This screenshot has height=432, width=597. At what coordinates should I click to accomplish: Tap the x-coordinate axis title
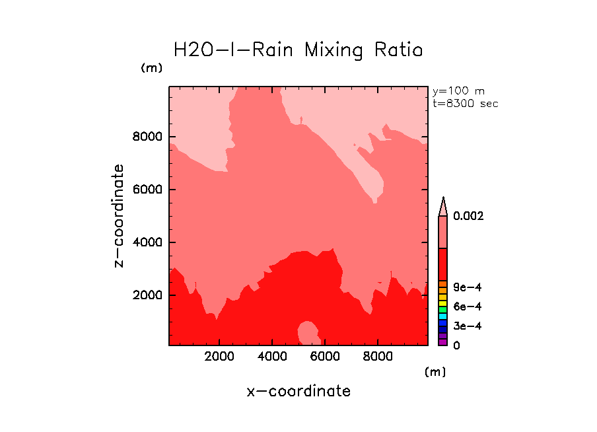coord(298,391)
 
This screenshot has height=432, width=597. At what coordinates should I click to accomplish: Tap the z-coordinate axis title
coord(119,216)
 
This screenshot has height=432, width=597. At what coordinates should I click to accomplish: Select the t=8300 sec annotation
coord(465,104)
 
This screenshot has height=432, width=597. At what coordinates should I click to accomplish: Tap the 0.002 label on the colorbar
coord(469,216)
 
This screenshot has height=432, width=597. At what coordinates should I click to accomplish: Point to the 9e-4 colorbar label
coord(467,287)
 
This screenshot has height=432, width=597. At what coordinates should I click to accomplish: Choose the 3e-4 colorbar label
coord(467,326)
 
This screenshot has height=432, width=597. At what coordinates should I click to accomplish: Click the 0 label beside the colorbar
coord(456,345)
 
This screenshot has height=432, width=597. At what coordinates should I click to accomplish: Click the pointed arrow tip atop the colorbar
coord(443,201)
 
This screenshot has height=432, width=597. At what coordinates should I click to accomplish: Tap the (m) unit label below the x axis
coord(435,372)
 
